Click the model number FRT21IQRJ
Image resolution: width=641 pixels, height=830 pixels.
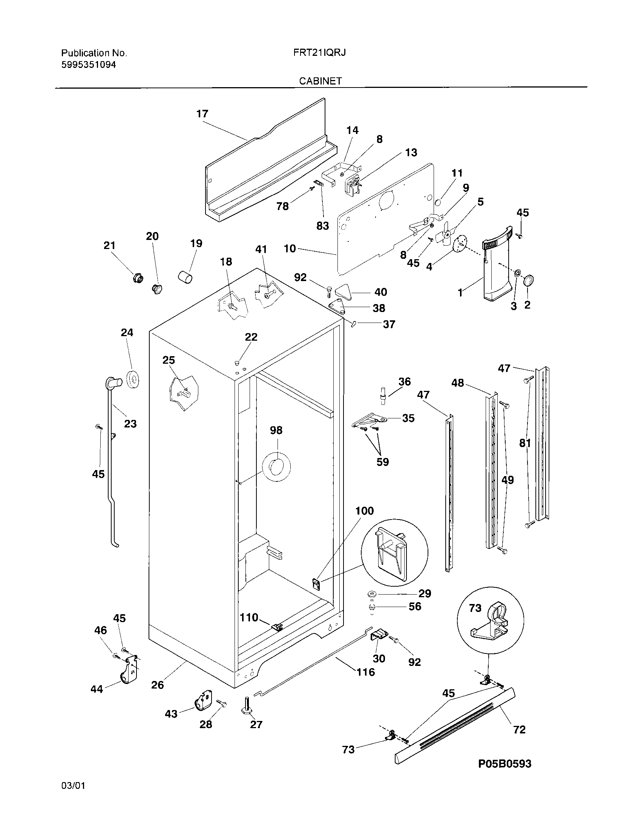319,53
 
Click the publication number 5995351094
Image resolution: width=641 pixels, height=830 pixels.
89,65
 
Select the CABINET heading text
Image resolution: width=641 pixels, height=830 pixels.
320,81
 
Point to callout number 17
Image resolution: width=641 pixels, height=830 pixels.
202,114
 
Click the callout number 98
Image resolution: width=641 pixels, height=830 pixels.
276,430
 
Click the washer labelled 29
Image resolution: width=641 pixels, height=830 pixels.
371,593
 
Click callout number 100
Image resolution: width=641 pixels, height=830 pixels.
364,510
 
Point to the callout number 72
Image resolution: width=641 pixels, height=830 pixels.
519,729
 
